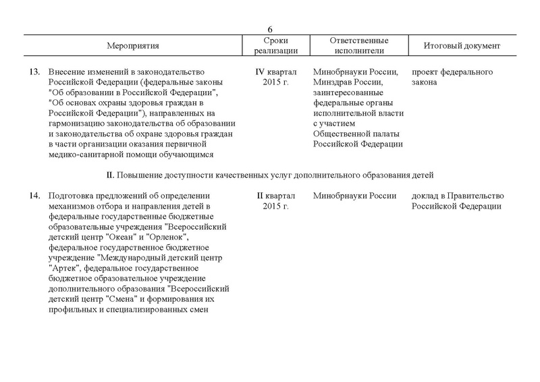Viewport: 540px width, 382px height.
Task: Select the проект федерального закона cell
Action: click(x=452, y=77)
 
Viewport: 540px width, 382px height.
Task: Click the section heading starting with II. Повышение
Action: click(x=269, y=175)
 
